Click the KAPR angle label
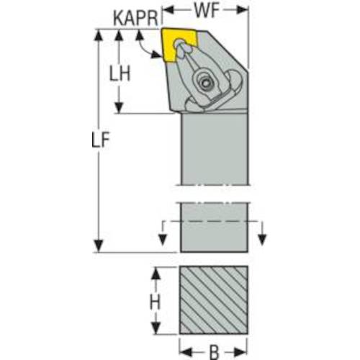[x=135, y=18]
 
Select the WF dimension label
[x=207, y=11]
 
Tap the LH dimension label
[x=120, y=73]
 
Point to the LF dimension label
[x=101, y=140]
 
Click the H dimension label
[x=155, y=301]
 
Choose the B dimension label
[x=215, y=352]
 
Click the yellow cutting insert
[x=179, y=45]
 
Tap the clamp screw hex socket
[x=206, y=84]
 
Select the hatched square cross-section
[x=214, y=300]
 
